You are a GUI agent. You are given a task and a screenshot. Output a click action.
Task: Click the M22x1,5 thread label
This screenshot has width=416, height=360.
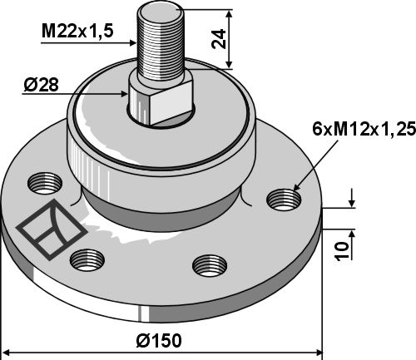(x=77, y=31)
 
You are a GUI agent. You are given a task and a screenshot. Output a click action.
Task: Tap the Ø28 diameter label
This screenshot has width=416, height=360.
(x=42, y=85)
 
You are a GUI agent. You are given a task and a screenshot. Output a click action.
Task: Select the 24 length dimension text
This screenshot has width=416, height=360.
(x=219, y=38)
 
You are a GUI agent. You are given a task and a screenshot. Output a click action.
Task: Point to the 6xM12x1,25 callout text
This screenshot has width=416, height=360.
(x=364, y=129)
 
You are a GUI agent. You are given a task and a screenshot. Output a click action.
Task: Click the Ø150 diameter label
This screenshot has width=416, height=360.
(x=159, y=341)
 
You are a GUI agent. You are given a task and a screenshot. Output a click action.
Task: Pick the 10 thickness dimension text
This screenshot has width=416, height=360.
(x=342, y=251)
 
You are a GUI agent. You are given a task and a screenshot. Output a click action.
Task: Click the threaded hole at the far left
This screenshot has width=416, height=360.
(x=45, y=184)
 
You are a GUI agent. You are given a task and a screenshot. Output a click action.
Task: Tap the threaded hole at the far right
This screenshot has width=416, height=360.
(x=284, y=200)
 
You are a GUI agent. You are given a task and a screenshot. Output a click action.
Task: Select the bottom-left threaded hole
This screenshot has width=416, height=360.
(x=87, y=260)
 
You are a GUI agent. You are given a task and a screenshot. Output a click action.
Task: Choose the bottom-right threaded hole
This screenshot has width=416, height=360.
(x=210, y=266)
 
